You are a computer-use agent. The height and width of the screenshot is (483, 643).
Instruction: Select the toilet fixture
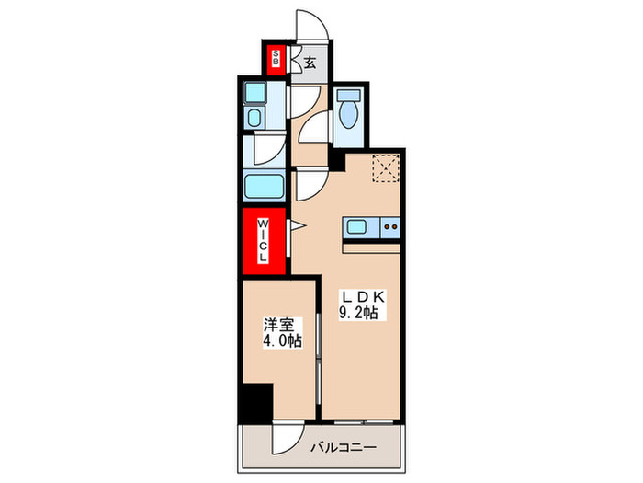coord(348,112)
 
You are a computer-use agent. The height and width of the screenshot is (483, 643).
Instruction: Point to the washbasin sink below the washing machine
coord(255,118)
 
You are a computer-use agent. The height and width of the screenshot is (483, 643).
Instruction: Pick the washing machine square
coord(255,93)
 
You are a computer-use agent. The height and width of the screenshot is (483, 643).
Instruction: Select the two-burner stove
coord(389,226)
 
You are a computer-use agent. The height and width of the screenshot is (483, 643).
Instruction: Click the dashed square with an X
coord(384,169)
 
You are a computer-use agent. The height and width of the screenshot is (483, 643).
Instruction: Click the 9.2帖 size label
coord(361,313)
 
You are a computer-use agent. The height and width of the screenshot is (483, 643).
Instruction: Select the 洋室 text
coord(279,324)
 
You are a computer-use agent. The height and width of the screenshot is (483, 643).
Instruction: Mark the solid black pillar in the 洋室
coord(256,400)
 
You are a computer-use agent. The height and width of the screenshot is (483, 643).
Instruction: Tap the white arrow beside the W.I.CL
coord(296,225)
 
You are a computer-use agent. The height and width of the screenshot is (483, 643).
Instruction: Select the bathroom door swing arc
coord(268,150)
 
